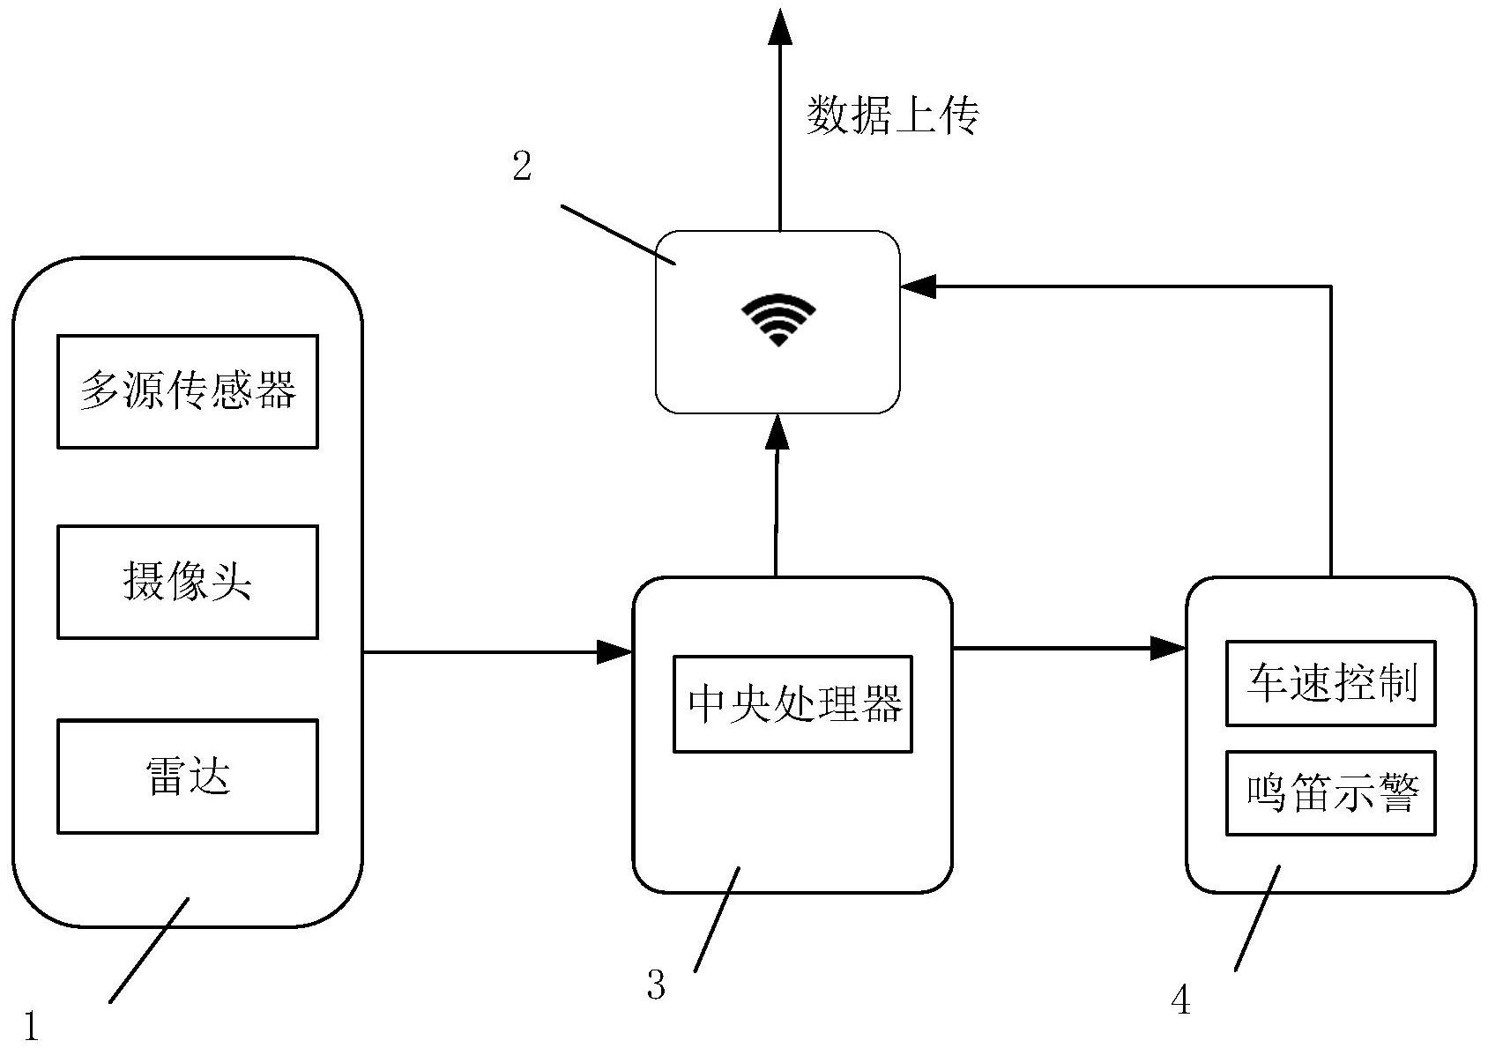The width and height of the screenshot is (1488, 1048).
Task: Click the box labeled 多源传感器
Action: point(187,391)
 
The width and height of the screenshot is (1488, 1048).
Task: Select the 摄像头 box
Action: point(187,582)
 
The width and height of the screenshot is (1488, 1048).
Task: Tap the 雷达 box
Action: point(187,777)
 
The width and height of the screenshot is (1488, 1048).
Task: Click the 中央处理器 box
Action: point(792,703)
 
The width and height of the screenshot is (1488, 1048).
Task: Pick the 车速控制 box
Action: point(1330,683)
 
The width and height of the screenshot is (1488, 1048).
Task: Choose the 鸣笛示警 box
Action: point(1330,793)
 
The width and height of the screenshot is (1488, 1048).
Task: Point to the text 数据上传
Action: point(892,115)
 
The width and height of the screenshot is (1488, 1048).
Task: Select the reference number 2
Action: point(523,166)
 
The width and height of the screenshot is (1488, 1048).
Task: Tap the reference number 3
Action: point(656,985)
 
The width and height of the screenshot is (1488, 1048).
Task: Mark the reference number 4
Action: point(1181,1000)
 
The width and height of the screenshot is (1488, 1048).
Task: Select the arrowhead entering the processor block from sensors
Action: point(615,652)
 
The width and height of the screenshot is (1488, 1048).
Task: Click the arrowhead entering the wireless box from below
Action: point(777,432)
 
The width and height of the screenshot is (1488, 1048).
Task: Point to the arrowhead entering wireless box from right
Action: point(918,286)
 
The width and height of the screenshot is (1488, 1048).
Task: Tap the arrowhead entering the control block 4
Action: point(1169,650)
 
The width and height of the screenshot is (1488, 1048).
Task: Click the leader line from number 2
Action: point(617,234)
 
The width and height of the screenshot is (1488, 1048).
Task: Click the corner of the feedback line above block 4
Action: point(1329,286)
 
